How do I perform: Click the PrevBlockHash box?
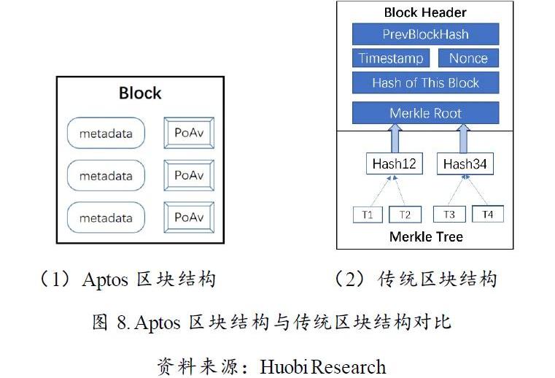click(x=425, y=34)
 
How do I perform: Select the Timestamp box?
click(x=391, y=58)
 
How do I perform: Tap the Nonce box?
click(x=468, y=58)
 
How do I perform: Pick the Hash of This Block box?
click(x=425, y=82)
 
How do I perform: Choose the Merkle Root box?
click(x=425, y=113)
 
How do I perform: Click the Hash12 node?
click(x=394, y=163)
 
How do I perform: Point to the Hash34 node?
click(x=465, y=163)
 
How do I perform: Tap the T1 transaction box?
click(x=368, y=215)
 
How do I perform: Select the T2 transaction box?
click(x=405, y=215)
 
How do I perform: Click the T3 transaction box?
click(x=449, y=215)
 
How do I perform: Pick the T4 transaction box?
click(x=487, y=215)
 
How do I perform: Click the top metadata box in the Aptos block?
click(x=106, y=134)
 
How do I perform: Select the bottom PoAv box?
click(x=188, y=217)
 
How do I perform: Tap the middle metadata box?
click(x=106, y=176)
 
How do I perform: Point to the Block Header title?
click(x=425, y=12)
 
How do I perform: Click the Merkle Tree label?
click(x=426, y=237)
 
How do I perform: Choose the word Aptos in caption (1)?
click(x=106, y=279)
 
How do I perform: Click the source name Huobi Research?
click(x=322, y=365)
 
